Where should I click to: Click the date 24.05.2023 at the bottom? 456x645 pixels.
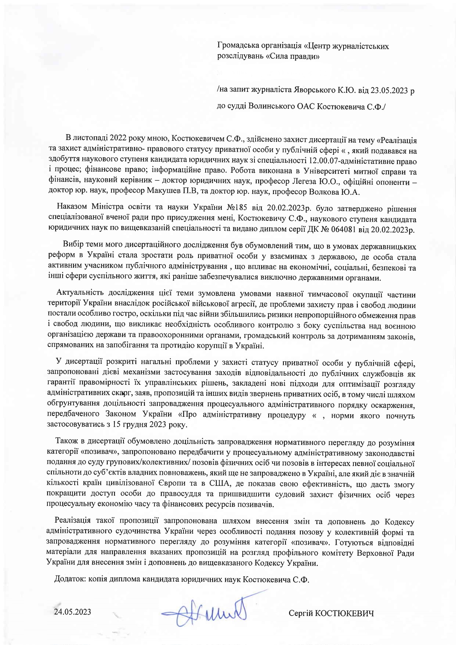pos(72,612)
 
